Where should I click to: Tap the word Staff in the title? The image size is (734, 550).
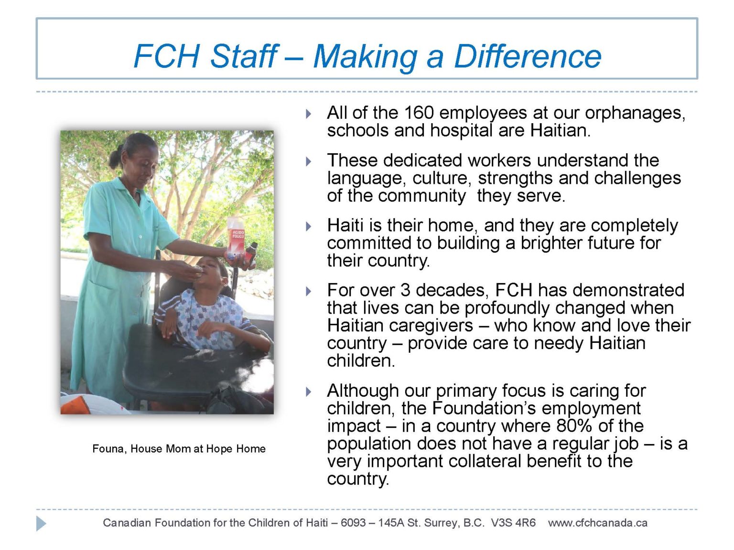pos(244,56)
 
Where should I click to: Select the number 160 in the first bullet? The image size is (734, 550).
pos(419,113)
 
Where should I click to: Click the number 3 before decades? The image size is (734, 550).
pos(405,290)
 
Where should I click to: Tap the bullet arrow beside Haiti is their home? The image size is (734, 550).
pos(309,226)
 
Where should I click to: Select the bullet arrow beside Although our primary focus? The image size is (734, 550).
pos(309,392)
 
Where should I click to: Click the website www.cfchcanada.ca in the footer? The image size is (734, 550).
pos(598,523)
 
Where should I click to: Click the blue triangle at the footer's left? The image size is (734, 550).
pos(41,523)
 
